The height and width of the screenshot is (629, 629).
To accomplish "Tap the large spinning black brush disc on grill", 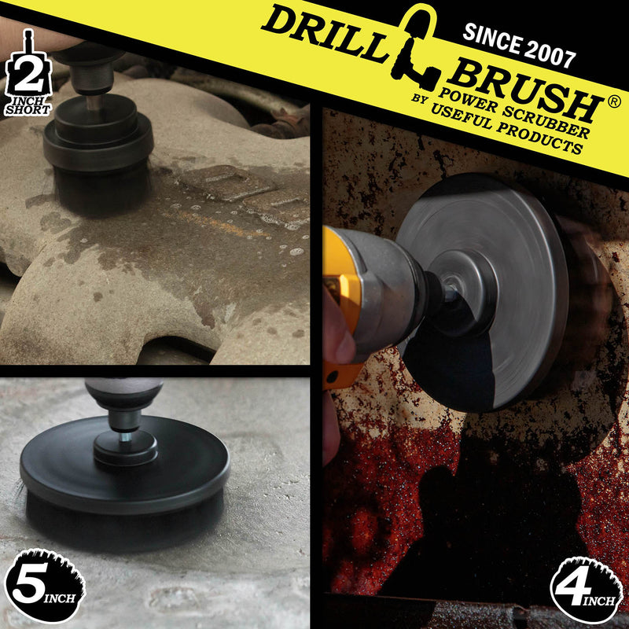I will (503, 291).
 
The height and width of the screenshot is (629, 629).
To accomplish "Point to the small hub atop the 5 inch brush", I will (126, 447).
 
